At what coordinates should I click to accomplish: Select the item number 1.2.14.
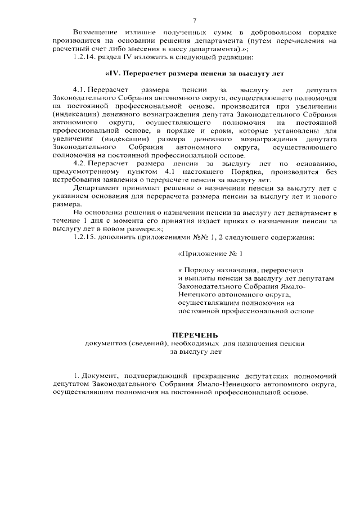coord(87,57)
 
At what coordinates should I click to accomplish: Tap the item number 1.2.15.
coord(87,237)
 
